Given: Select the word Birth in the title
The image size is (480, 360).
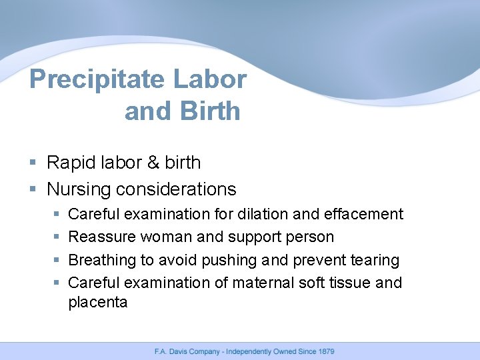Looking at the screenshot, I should (210, 111).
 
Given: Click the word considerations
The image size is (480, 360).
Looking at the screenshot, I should (176, 189).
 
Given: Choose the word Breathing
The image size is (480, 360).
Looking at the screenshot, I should (101, 260).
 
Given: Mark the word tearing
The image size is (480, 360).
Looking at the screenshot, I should (375, 260).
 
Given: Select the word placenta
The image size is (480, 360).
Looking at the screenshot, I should (97, 302).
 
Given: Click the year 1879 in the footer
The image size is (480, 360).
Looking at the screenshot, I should (325, 351).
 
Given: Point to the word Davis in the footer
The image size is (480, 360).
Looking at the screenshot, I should (178, 351).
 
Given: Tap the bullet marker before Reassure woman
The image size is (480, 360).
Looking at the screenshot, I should (56, 237).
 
